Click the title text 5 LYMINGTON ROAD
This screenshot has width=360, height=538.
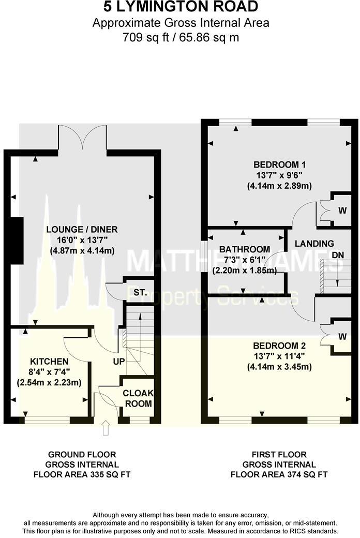click(x=180, y=7)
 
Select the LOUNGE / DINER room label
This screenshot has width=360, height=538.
click(x=82, y=230)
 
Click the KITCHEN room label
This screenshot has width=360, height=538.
click(x=49, y=361)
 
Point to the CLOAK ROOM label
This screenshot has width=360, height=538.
click(x=138, y=398)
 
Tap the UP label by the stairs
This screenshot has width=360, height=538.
click(x=119, y=361)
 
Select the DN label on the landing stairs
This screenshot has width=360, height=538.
click(x=337, y=256)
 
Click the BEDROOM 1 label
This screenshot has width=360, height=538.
click(x=274, y=165)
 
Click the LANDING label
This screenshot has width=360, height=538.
click(x=314, y=243)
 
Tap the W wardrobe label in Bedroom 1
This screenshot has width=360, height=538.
click(x=341, y=210)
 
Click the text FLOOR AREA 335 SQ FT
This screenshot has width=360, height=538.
click(x=82, y=473)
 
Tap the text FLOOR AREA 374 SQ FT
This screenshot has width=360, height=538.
click(x=279, y=473)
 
